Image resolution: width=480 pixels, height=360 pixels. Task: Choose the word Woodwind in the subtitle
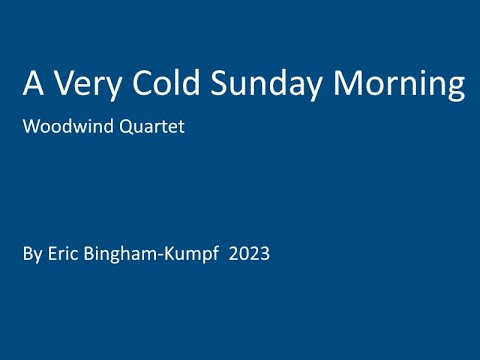coord(65,129)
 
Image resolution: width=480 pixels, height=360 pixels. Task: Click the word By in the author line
coord(30,255)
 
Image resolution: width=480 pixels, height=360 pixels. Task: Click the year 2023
coord(250,254)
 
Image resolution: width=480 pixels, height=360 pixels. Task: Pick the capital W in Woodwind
coord(31,129)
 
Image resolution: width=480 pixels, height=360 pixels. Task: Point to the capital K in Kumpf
coord(160,254)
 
